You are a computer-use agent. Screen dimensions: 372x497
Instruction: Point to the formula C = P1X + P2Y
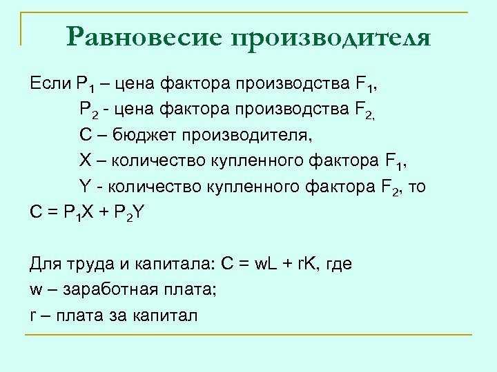point(87,212)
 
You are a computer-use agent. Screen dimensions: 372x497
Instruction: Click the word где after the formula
point(338,264)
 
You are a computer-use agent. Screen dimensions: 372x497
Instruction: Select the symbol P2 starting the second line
point(88,107)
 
